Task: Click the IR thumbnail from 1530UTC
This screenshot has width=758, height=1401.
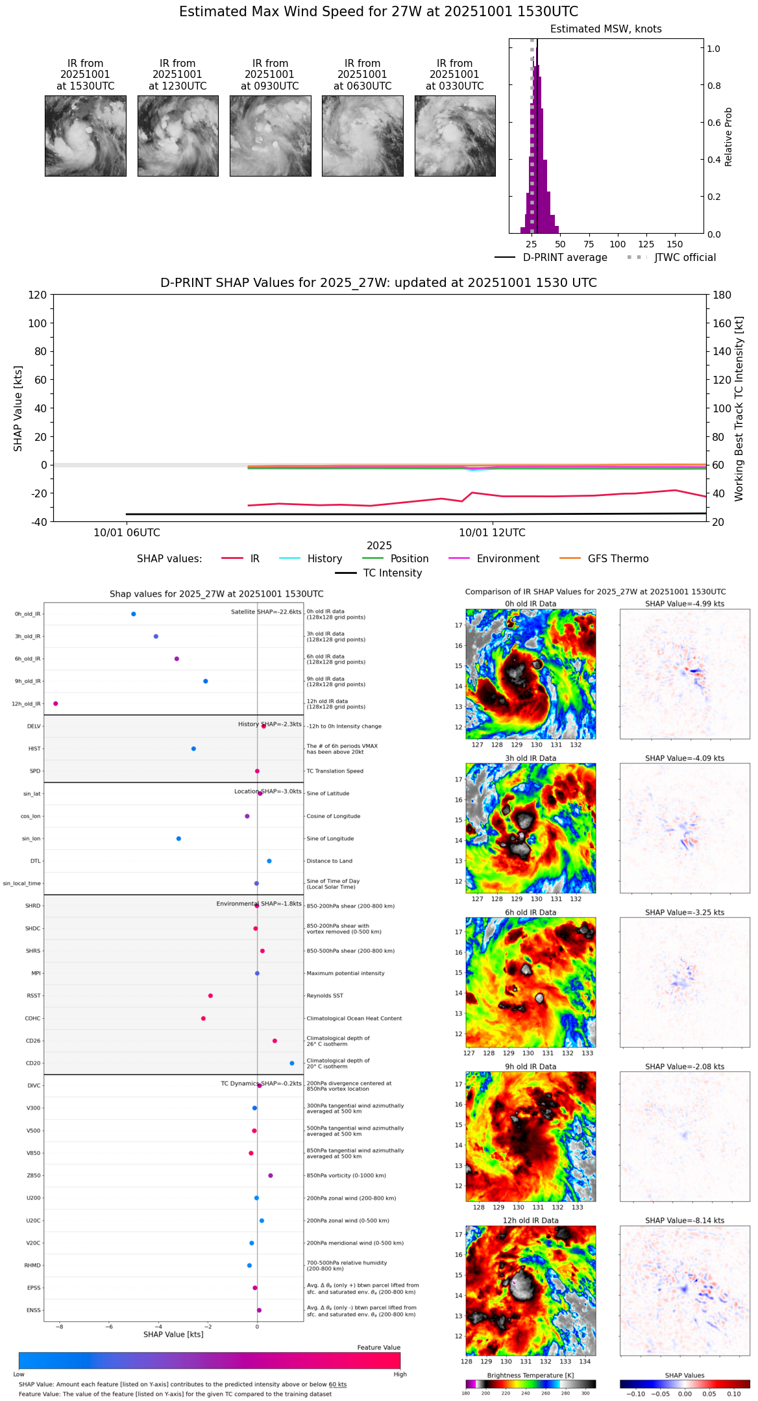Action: coord(85,136)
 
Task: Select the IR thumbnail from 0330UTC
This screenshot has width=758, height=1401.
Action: coord(455,136)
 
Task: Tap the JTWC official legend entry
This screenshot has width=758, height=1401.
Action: coord(685,258)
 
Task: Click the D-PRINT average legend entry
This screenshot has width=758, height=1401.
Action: coord(565,258)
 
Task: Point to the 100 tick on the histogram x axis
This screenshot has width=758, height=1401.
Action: coord(618,244)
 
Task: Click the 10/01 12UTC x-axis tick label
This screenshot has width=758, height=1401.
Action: coord(492,533)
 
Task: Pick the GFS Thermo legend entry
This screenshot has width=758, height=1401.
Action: coord(618,559)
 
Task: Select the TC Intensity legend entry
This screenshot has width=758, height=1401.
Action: coord(392,573)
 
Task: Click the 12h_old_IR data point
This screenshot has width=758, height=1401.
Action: coord(56,704)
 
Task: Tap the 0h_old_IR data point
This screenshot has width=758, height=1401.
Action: coord(134,614)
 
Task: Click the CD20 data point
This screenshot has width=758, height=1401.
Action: coord(292,1063)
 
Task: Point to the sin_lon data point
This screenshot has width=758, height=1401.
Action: coord(178,839)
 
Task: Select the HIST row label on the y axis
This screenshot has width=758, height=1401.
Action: coord(34,749)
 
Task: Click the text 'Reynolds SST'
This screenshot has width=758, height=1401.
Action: coord(325,996)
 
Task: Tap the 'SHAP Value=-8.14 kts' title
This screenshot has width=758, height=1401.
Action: coord(685,1221)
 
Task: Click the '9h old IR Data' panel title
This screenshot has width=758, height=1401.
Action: coord(530,1067)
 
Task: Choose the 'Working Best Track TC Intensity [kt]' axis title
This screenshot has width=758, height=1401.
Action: coord(739,409)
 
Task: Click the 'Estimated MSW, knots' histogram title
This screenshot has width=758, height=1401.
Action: coord(605,29)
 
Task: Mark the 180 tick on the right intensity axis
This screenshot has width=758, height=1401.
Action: coord(722,295)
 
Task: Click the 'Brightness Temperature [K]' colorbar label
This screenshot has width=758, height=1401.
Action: coord(530,1375)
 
